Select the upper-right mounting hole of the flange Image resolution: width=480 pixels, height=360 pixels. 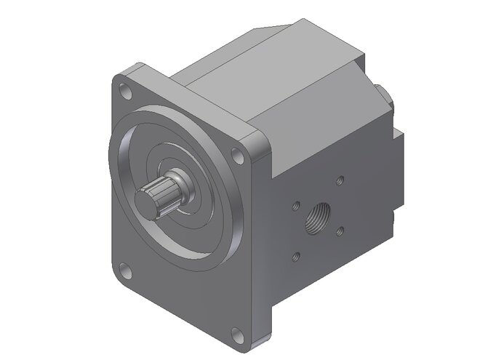point(236,155)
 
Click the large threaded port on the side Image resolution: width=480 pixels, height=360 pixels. point(317,217)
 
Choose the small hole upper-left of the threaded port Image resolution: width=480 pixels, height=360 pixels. point(295,207)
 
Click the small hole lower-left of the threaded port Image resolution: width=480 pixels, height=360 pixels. point(295,256)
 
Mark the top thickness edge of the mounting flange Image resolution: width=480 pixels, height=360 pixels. point(196,102)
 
